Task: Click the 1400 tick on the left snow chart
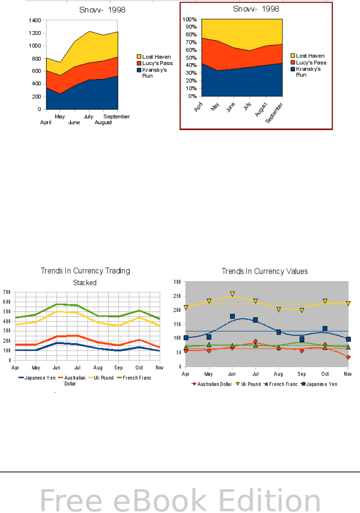click(35, 21)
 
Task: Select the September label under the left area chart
click(116, 116)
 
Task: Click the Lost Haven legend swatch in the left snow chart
click(139, 57)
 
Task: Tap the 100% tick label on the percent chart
click(189, 19)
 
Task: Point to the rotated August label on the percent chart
click(261, 109)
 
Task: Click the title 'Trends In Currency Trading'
click(85, 271)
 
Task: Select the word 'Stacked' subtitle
click(85, 283)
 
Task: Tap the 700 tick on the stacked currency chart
click(7, 292)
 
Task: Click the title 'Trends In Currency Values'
click(264, 271)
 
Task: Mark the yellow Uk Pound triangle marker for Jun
click(232, 294)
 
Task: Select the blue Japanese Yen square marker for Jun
click(232, 316)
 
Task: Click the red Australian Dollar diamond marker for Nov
click(348, 357)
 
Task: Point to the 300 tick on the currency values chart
click(177, 282)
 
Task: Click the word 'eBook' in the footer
click(160, 501)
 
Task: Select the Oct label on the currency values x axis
click(325, 374)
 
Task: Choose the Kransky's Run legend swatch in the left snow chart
click(139, 70)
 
